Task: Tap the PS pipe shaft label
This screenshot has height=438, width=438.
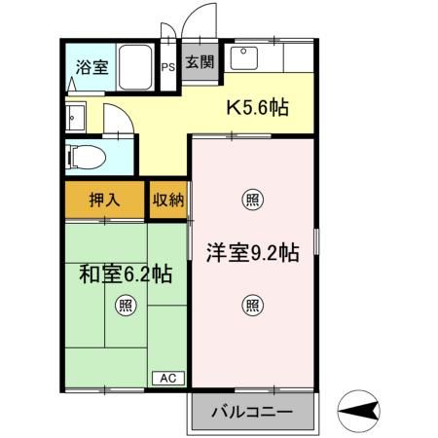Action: (166, 69)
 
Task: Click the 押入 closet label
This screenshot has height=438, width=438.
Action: (104, 201)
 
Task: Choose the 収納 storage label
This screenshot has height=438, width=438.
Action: (166, 201)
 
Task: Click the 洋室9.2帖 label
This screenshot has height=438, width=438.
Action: (251, 253)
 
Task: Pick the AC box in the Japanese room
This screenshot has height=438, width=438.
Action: (165, 378)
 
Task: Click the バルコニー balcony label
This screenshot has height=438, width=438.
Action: (252, 412)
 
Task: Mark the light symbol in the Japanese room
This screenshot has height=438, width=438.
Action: (126, 305)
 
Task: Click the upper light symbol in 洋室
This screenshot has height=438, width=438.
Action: (251, 201)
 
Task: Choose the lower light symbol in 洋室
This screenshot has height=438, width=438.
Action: (251, 305)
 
